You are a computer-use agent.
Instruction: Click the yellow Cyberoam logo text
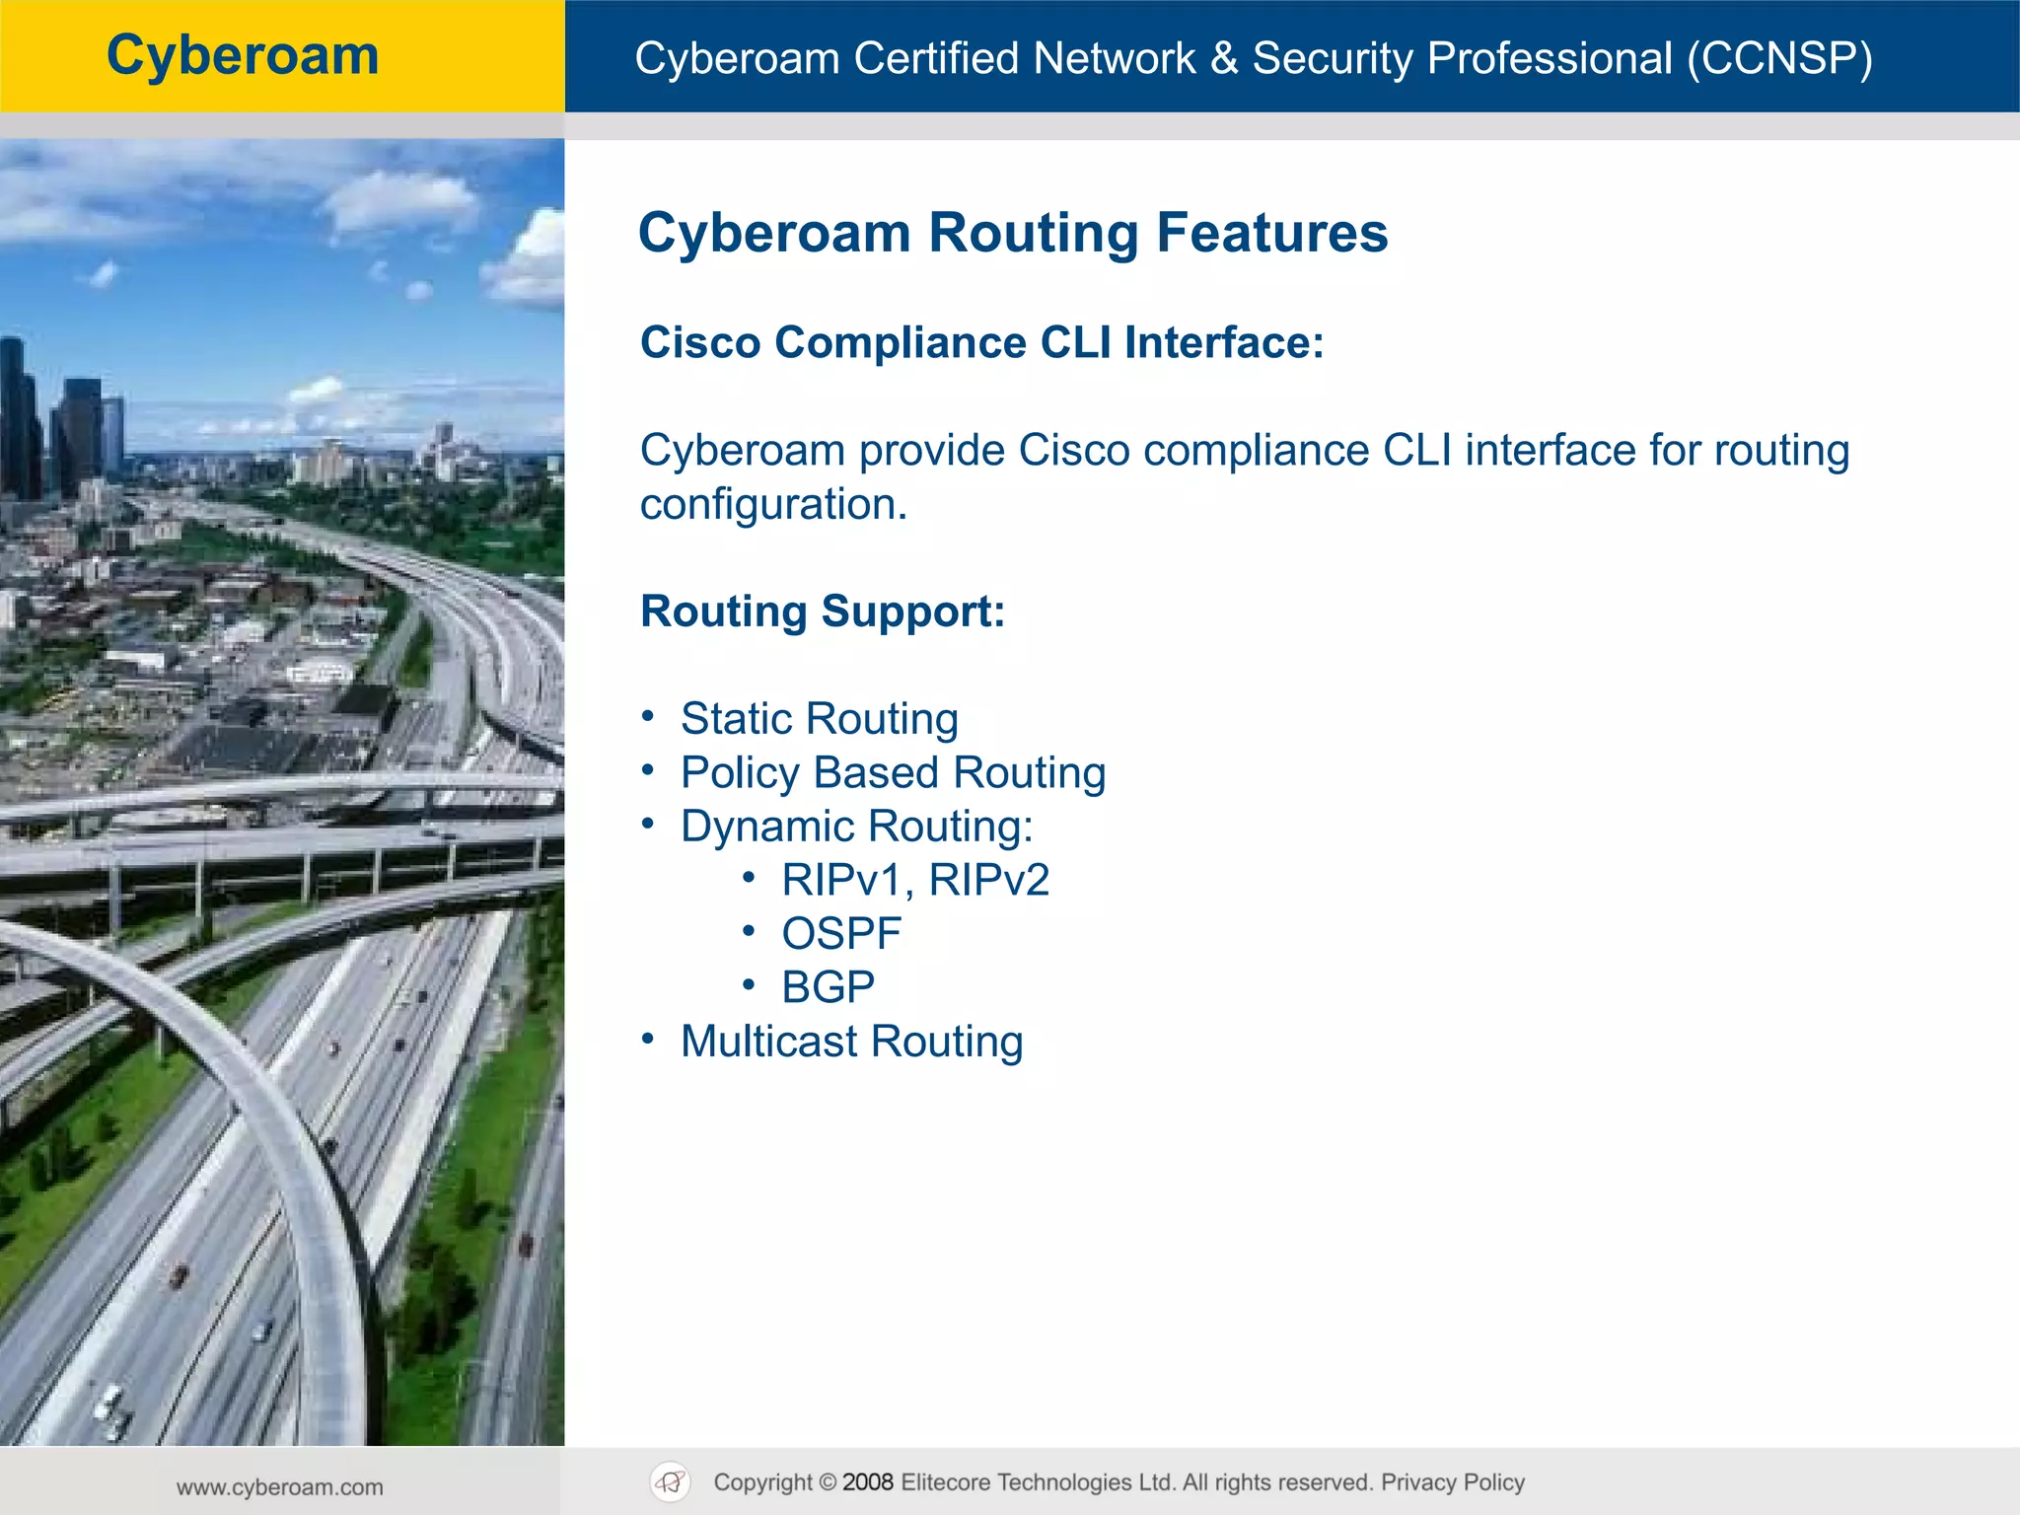click(243, 55)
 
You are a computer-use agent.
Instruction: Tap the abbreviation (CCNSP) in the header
click(1779, 58)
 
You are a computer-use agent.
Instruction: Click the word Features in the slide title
click(1272, 233)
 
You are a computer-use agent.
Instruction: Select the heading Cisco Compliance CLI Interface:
click(981, 343)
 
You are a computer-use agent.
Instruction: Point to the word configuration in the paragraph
click(772, 505)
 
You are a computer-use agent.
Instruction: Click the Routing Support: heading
click(823, 612)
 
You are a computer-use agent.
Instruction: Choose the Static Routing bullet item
click(819, 719)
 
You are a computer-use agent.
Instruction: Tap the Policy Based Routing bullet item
click(893, 773)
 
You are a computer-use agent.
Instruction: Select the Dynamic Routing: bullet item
click(856, 827)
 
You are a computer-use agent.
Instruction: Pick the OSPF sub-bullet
click(841, 934)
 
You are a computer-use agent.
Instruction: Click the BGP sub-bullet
click(829, 987)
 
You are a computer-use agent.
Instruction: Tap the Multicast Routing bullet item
click(851, 1042)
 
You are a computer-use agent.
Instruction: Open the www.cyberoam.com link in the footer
click(280, 1487)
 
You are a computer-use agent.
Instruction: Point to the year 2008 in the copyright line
click(868, 1482)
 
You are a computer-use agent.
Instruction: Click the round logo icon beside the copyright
click(671, 1482)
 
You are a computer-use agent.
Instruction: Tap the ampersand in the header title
click(1224, 58)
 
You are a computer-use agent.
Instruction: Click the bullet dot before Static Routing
click(648, 716)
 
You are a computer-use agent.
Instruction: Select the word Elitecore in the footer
click(961, 1482)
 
